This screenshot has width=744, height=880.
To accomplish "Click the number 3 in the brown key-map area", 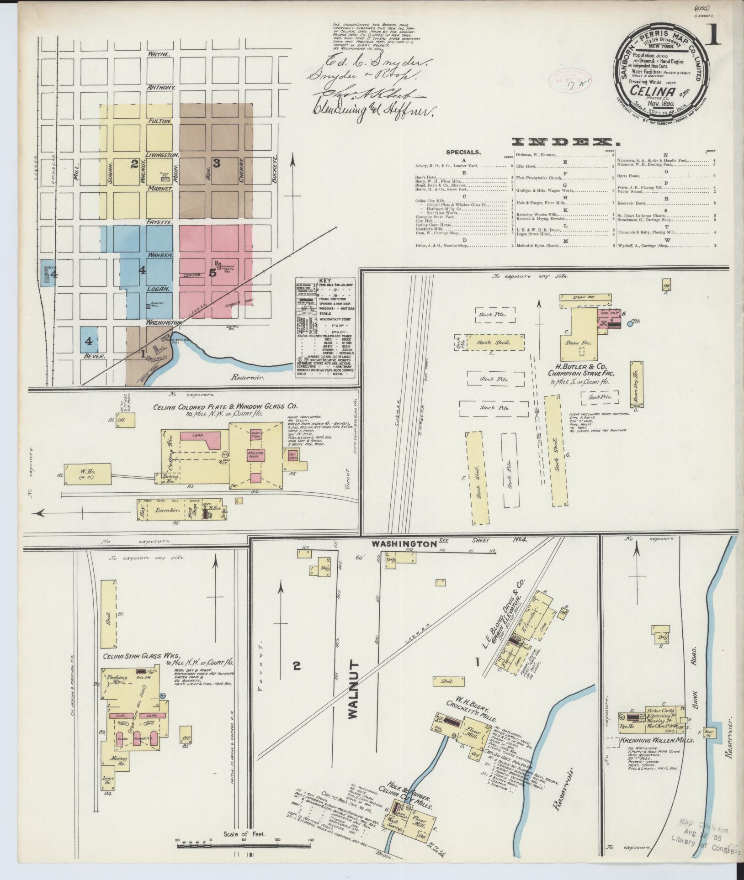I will coord(217,163).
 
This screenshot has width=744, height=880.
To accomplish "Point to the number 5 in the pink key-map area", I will coord(212,273).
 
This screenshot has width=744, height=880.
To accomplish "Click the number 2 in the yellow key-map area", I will coord(134,165).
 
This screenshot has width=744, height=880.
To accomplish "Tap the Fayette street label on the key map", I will coord(159,222).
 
